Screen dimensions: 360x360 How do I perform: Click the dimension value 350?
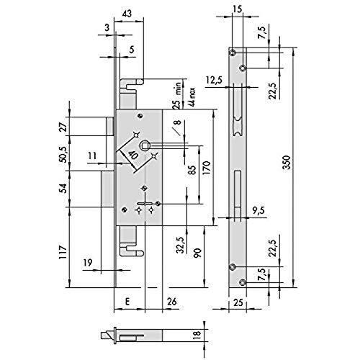coord(287,163)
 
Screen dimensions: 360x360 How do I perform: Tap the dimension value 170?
coord(207,168)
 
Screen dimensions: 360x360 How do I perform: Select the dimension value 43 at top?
coord(127,14)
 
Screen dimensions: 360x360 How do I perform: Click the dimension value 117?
coord(63,252)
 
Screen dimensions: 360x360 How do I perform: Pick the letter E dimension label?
coord(127,301)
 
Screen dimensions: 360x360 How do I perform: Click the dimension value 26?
coord(172,302)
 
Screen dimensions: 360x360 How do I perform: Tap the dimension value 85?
coord(192,170)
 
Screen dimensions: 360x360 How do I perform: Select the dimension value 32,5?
coord(180,245)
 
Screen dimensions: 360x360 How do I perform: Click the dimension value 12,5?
coord(215,80)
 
